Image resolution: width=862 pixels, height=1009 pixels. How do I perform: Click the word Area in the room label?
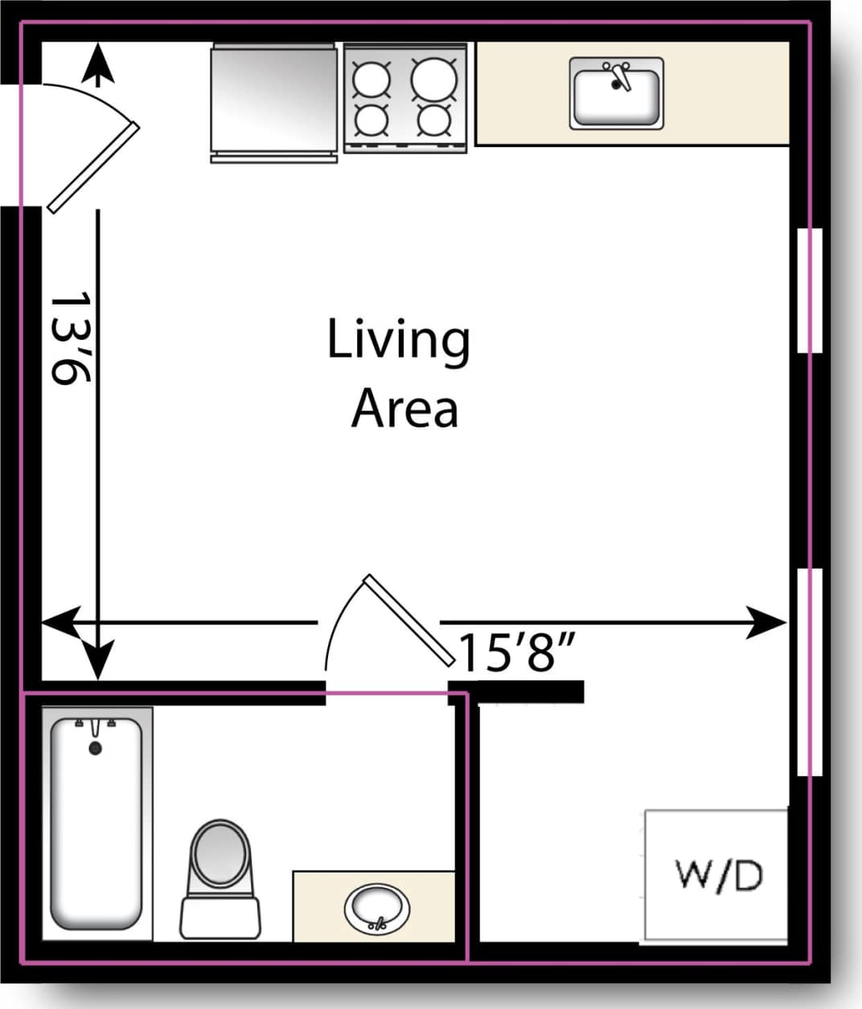click(x=404, y=408)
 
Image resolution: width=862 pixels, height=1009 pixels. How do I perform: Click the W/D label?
click(x=718, y=875)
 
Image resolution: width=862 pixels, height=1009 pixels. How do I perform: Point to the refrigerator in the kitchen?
click(x=273, y=100)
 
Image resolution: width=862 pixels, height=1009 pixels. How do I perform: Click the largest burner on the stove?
click(x=434, y=79)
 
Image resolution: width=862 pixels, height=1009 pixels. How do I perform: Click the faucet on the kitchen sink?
click(x=618, y=76)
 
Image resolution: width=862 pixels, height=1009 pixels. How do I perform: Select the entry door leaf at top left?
click(x=93, y=168)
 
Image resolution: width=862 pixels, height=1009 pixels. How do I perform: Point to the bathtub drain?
click(x=96, y=748)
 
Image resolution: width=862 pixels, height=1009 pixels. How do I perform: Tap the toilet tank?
click(x=220, y=917)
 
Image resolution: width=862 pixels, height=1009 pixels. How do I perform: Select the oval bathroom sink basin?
click(x=376, y=907)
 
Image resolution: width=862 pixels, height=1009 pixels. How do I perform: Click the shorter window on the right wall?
click(x=810, y=290)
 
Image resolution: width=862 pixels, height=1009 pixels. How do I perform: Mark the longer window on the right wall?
click(x=810, y=672)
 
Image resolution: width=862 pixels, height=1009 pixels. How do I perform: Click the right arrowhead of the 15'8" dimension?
click(x=768, y=623)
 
